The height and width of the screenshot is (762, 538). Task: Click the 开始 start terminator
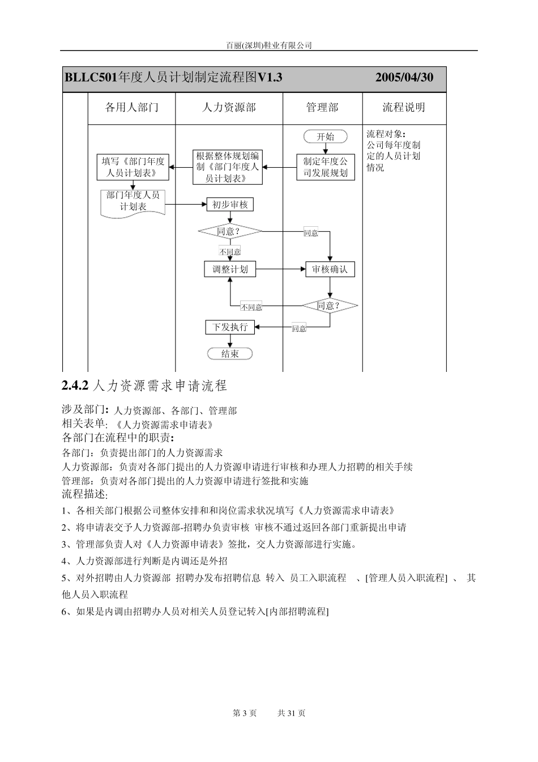325,137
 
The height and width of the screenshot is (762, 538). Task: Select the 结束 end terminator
230,354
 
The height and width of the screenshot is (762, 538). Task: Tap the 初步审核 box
230,205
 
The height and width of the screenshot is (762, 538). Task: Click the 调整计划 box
230,269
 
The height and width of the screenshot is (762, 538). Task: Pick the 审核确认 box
330,269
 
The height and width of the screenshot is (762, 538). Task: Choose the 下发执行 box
230,327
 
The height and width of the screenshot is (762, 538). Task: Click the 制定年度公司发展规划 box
326,167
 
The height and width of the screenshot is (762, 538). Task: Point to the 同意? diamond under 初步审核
230,231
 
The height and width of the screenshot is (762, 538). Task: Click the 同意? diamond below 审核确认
330,306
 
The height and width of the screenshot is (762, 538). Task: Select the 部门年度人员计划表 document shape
133,202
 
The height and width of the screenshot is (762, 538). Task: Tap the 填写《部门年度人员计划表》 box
133,167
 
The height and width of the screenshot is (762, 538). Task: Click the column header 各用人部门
132,108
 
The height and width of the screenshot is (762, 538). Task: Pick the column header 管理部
322,108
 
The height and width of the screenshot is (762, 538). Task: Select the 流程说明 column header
404,108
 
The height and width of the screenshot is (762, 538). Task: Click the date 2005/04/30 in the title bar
404,78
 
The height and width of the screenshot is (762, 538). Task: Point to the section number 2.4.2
75,386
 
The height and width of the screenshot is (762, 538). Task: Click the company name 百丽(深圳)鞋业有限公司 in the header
269,45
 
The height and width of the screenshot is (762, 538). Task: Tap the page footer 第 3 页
245,713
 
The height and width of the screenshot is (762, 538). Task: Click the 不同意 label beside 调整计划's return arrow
251,307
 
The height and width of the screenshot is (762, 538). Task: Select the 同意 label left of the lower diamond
299,328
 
